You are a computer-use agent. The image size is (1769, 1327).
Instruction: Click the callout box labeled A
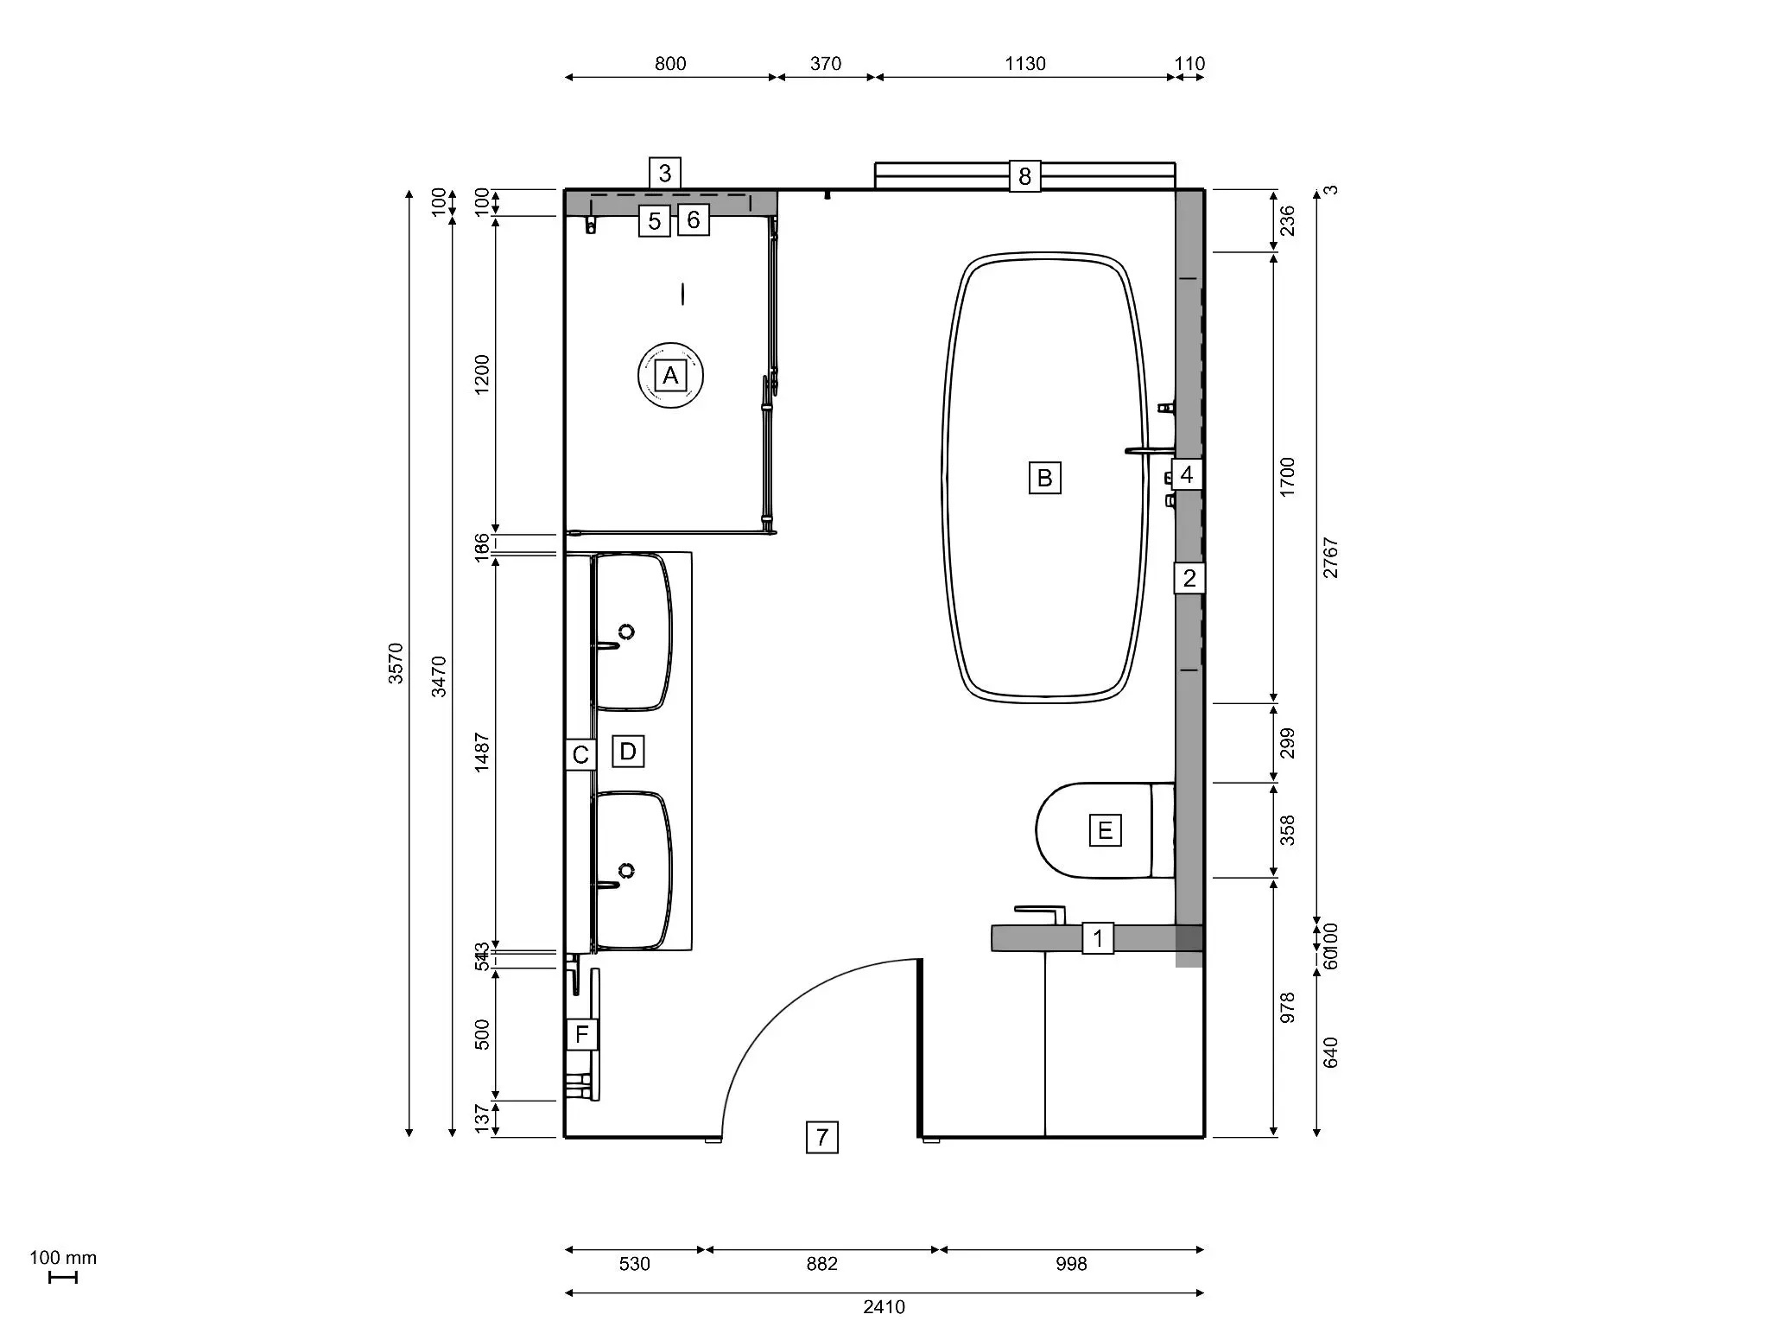670,376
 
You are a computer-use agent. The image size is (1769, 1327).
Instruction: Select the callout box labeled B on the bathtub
1044,478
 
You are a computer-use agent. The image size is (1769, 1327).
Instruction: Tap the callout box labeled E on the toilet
1105,831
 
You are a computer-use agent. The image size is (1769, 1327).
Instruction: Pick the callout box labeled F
581,1034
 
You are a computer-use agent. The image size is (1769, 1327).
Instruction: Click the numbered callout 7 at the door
821,1137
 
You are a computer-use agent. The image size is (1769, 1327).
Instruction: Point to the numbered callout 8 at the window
1024,176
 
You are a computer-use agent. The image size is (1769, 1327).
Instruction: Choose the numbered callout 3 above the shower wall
664,173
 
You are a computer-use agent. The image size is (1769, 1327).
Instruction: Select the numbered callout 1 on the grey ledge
1098,938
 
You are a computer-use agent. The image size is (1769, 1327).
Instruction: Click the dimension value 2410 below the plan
884,1307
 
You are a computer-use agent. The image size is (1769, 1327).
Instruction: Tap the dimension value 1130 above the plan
1025,64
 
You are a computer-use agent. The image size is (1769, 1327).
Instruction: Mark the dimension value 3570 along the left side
396,663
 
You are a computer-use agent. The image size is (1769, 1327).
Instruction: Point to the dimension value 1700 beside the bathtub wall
1287,477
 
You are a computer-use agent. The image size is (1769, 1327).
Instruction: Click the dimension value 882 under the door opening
821,1264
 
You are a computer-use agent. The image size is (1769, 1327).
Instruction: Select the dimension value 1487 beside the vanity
482,752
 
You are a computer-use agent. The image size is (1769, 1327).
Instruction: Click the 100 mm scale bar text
63,1258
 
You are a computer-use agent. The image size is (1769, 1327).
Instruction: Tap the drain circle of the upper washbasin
626,632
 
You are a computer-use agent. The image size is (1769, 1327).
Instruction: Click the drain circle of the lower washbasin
626,871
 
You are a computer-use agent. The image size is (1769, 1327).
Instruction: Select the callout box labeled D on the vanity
628,752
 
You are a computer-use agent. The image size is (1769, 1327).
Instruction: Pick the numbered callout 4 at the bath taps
1186,474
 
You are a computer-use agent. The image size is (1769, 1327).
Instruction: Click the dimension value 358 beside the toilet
1287,830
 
